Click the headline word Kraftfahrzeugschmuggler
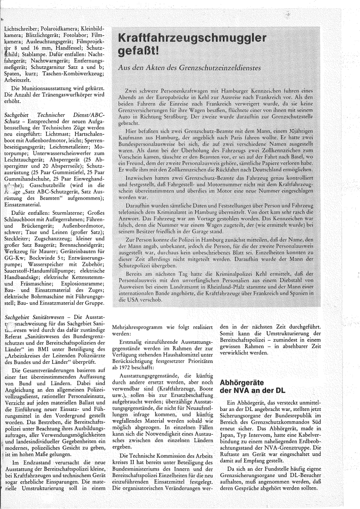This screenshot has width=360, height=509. pos(192,38)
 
